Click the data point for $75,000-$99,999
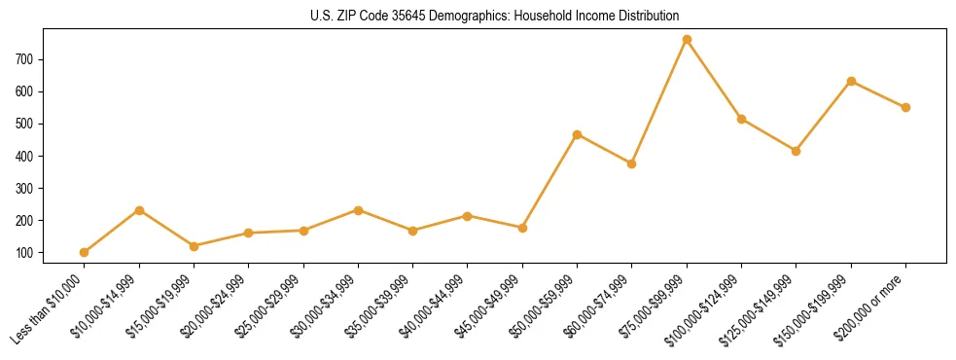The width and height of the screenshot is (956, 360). (x=687, y=40)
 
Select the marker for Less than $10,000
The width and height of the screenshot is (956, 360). (x=85, y=252)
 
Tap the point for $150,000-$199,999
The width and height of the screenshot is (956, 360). (x=851, y=82)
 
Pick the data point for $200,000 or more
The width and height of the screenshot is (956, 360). (x=905, y=107)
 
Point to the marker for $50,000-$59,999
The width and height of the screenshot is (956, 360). (x=578, y=134)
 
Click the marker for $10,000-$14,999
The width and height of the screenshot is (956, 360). (x=139, y=210)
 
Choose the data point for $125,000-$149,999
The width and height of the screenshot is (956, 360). (x=796, y=151)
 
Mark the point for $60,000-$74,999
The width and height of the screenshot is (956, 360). (x=632, y=163)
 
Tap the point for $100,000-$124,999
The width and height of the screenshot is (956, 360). (x=741, y=119)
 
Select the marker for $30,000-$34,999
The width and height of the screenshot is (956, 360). (x=359, y=210)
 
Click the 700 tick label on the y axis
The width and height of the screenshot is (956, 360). (x=25, y=59)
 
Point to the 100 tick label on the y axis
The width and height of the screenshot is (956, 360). (x=25, y=253)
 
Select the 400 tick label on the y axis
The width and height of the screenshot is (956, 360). (x=25, y=156)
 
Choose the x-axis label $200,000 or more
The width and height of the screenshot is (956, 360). (x=873, y=303)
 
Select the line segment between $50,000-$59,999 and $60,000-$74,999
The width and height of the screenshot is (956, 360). (x=605, y=149)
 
